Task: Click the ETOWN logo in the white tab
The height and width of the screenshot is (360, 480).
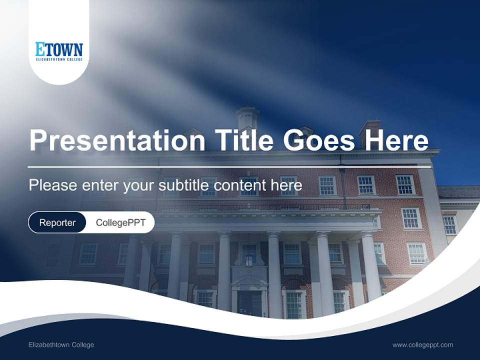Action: pos(59,50)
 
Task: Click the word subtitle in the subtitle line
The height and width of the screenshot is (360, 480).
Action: pos(184,185)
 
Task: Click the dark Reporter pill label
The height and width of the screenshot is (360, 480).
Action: pos(57,222)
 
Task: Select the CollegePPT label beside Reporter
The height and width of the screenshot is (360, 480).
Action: pos(120,222)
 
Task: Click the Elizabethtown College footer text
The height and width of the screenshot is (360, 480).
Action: pos(61,344)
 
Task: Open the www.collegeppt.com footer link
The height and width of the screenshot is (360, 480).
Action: pos(422,344)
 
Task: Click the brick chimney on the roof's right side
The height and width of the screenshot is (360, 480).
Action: pos(369,131)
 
